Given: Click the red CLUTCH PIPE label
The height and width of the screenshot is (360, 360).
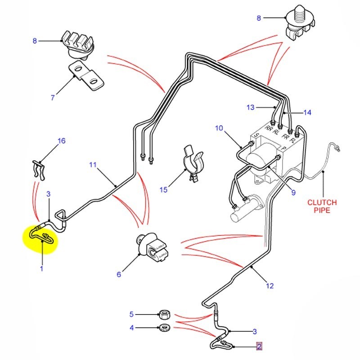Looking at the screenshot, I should click(322, 206).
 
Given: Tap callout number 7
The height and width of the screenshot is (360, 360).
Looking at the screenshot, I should click(52, 97).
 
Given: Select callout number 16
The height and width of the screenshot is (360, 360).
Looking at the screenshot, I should click(61, 141).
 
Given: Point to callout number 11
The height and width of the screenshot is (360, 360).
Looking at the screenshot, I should click(93, 165).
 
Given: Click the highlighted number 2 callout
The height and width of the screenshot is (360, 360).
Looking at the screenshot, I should click(259, 346).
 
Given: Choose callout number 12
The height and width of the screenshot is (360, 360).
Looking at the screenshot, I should click(270, 285).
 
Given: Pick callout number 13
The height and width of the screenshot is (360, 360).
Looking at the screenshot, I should click(250, 107).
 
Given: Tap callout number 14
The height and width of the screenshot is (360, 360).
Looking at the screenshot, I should click(307, 112).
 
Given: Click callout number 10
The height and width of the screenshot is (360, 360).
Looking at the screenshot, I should click(219, 128).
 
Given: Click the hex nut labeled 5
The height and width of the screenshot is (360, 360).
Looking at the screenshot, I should click(164, 314).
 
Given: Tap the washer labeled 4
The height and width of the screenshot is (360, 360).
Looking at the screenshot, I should click(164, 327).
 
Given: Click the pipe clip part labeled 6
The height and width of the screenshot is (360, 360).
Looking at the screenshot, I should click(153, 250).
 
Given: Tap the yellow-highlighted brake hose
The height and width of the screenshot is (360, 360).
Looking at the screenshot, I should click(41, 235).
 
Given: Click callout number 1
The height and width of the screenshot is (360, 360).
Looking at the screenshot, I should click(41, 269).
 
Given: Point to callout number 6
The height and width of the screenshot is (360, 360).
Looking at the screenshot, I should click(119, 274).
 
